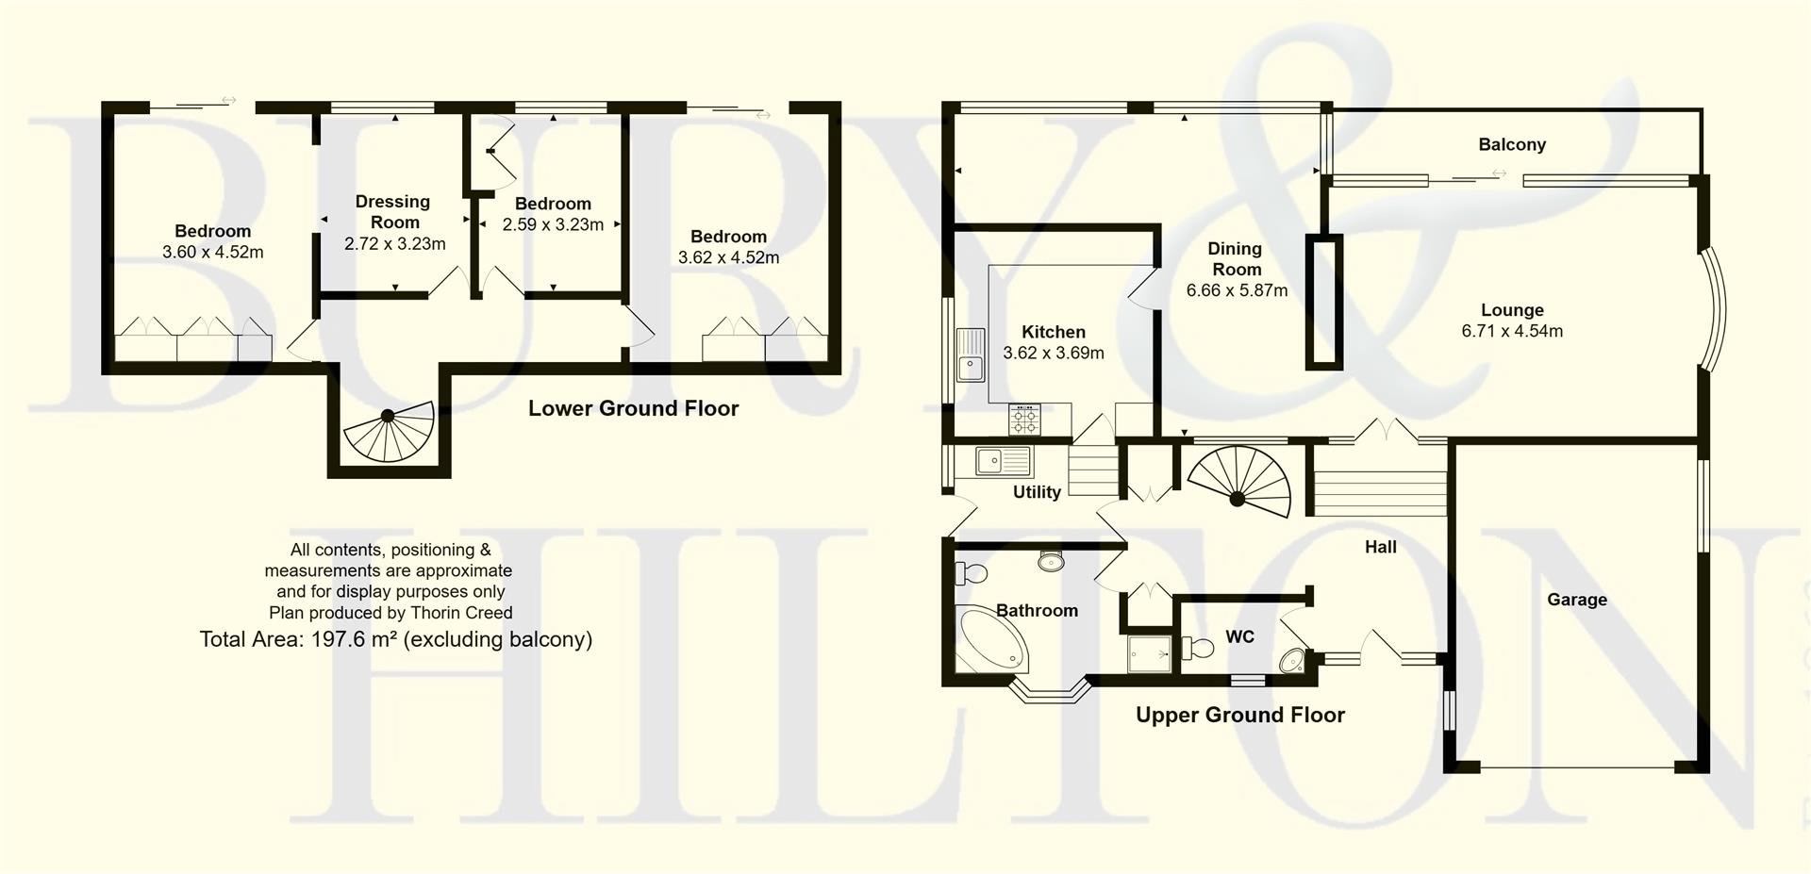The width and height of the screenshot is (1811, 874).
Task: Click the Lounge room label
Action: click(x=1512, y=310)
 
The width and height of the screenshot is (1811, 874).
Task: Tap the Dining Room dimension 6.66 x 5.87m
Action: click(x=1237, y=290)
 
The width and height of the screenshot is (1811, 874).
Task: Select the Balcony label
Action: click(x=1512, y=144)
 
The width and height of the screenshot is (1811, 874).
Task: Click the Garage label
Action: click(x=1576, y=600)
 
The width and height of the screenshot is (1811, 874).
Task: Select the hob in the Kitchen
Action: click(x=1025, y=419)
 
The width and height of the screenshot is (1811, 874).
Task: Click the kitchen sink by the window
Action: click(x=970, y=355)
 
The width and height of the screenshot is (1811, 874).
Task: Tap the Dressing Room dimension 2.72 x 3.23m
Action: click(x=394, y=243)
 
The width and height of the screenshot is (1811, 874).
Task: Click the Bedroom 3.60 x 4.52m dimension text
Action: click(x=212, y=252)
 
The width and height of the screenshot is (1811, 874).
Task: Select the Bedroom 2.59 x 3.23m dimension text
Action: click(x=553, y=224)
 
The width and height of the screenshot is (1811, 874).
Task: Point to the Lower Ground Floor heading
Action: click(x=633, y=408)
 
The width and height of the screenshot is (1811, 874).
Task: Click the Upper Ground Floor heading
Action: click(x=1239, y=715)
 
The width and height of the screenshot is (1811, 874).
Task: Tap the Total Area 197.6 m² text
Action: click(x=395, y=639)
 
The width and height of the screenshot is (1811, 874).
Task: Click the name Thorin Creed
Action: click(x=461, y=613)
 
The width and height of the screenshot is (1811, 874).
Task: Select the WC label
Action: click(x=1239, y=637)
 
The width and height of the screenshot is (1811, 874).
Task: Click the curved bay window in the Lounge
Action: click(x=1718, y=310)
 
